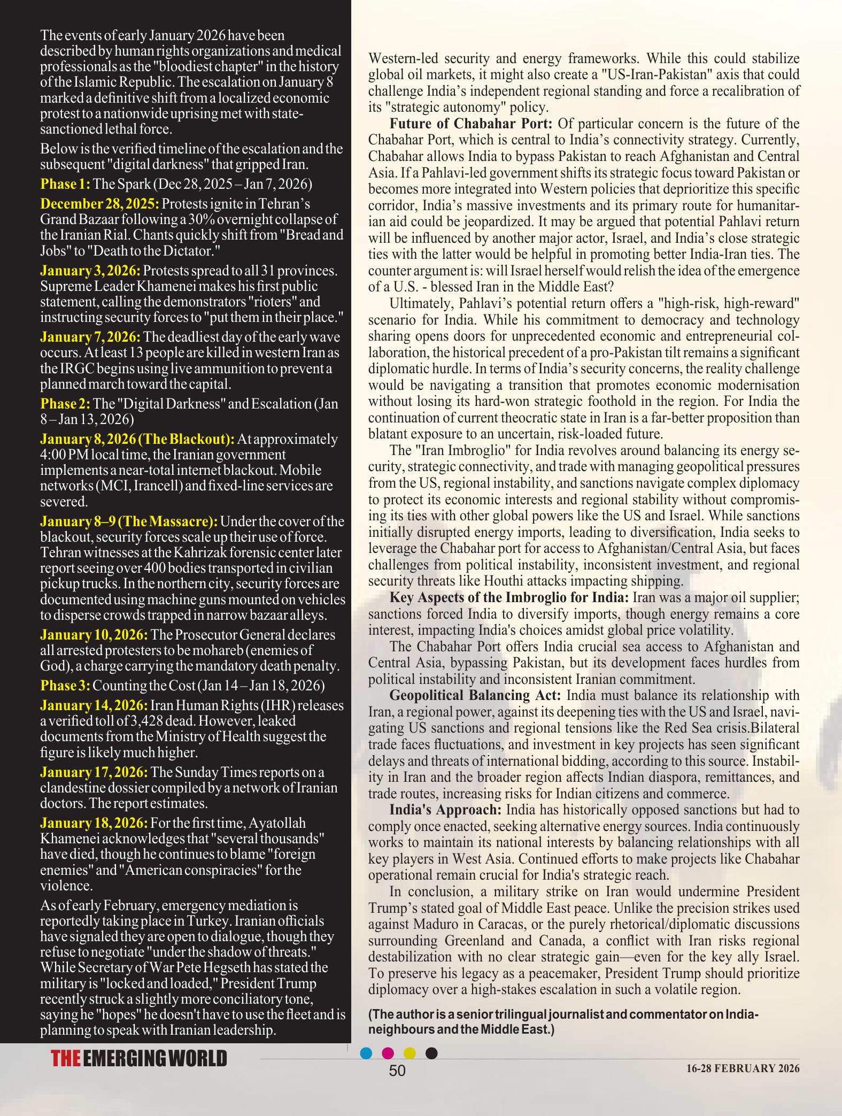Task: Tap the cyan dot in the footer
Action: [366, 1053]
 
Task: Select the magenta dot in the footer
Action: [388, 1053]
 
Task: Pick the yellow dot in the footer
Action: [410, 1053]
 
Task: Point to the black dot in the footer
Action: [431, 1053]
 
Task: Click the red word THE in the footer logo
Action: [66, 1059]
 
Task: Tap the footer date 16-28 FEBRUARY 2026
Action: [743, 1068]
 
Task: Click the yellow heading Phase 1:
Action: [65, 184]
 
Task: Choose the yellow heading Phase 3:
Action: [65, 686]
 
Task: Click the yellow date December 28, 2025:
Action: [99, 204]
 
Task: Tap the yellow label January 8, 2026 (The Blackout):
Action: [137, 439]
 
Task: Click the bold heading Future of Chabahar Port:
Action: [471, 124]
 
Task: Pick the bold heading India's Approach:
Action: [445, 810]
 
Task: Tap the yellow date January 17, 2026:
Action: [94, 772]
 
